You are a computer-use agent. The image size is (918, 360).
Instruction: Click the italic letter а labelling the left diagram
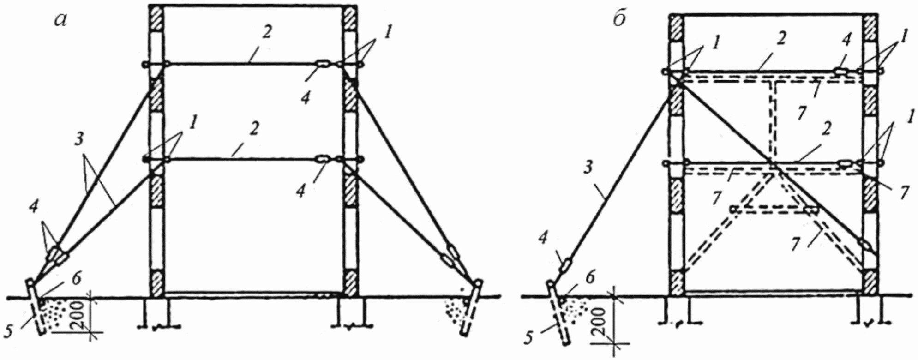[60, 19]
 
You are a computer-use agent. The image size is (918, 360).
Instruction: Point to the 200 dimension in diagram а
[79, 315]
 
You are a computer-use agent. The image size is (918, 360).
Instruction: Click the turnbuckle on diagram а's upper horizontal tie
[323, 64]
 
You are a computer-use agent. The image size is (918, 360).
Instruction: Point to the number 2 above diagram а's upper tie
[266, 32]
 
